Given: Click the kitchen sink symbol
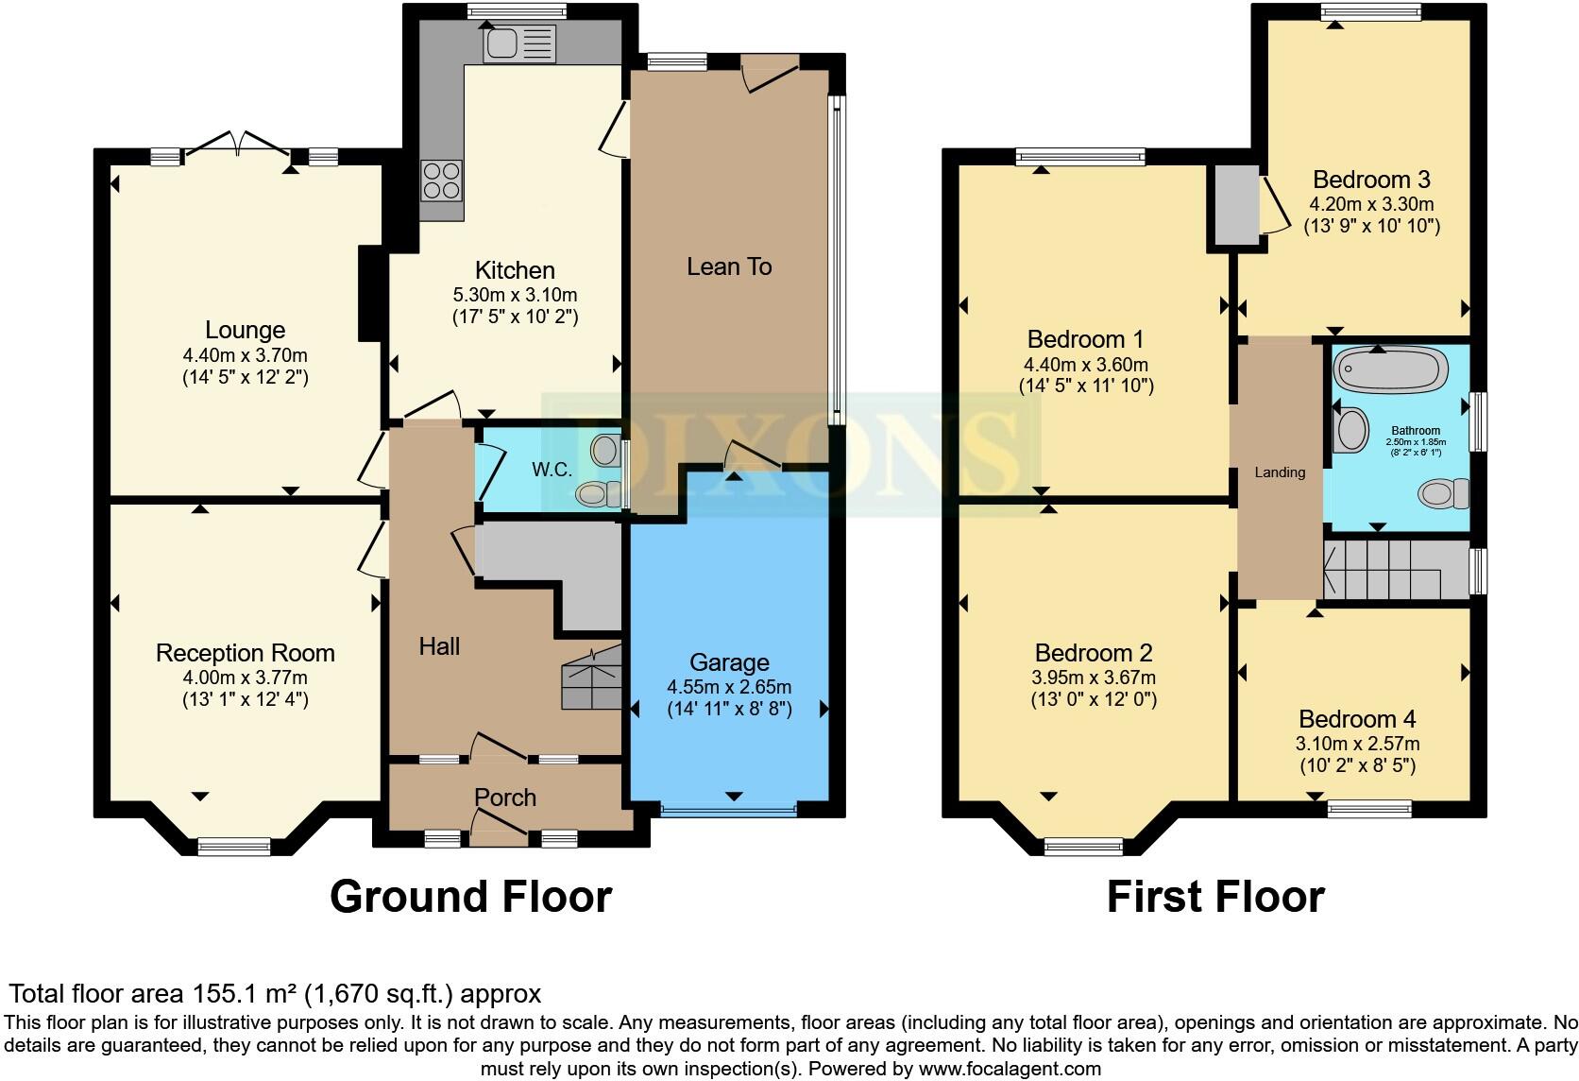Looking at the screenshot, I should pos(518,43).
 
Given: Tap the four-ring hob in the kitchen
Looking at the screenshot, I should pos(441,180).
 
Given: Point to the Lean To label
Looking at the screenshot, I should pos(729,266).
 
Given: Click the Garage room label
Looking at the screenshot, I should pos(729,662).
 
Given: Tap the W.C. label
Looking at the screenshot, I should pos(552,470).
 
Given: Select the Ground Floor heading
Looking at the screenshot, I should pos(470,896).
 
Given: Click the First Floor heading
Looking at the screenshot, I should pos(1214,896).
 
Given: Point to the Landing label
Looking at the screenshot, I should pos(1280,472).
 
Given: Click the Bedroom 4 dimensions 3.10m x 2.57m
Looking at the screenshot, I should pos(1357,744).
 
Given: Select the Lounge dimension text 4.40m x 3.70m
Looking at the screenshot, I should pos(246,355).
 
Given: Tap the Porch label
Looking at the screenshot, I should pos(505,798).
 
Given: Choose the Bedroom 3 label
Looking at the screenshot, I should pos(1371,180).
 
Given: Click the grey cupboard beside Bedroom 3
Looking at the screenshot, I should pos(1233,206).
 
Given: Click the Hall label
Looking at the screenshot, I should pos(439,646).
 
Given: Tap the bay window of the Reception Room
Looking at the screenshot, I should pos(233,846).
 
